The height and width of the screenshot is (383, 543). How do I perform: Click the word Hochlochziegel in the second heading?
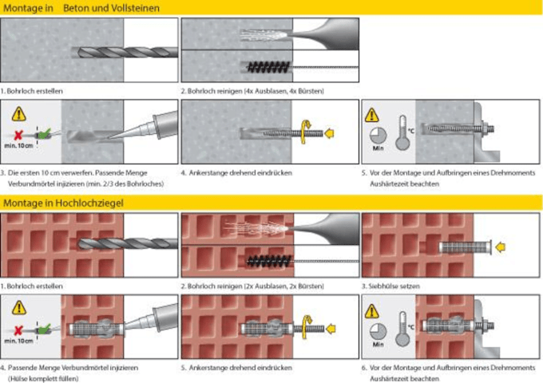point(88,203)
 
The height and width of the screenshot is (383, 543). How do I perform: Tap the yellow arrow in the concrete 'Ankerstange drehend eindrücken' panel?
point(331,132)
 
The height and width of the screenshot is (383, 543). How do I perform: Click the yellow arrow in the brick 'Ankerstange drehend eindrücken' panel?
point(330,326)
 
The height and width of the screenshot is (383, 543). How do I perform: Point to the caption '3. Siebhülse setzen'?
point(395,285)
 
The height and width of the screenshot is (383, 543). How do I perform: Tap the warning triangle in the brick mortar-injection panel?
point(14,307)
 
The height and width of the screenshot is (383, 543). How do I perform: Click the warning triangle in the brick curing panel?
point(375,307)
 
